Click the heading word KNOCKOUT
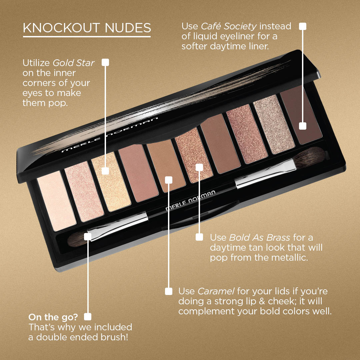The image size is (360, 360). point(61,28)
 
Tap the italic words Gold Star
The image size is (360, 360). point(73,63)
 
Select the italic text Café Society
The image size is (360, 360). point(229,26)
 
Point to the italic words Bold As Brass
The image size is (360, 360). point(259,237)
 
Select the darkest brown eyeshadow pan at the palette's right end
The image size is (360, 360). point(301,115)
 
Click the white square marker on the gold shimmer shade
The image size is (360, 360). point(105,171)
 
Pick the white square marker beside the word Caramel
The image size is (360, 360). point(169,291)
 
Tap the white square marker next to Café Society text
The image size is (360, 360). point(303,26)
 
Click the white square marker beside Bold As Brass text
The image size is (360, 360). point(199,237)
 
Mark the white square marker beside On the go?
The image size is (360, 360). point(88,317)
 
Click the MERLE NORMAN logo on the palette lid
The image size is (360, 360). point(110,135)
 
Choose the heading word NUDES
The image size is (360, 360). point(128,28)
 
